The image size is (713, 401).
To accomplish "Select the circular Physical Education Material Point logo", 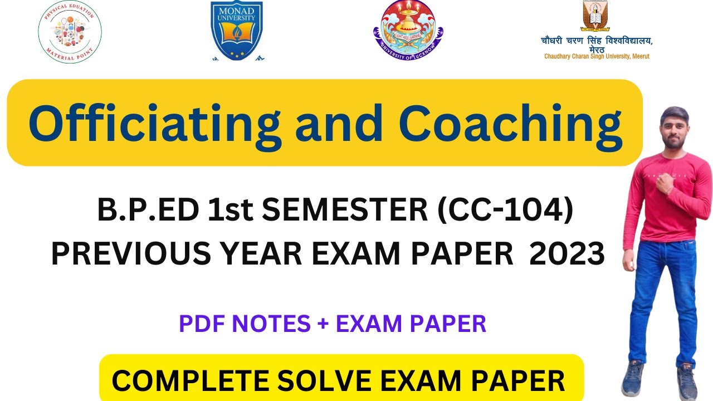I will click(x=70, y=32).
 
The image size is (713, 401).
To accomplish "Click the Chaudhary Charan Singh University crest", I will click(x=595, y=16).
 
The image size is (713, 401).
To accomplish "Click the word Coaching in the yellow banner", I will click(x=510, y=123).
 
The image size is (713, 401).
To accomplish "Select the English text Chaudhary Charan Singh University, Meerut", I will click(x=597, y=56).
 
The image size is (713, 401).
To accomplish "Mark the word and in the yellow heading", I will click(x=340, y=123).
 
